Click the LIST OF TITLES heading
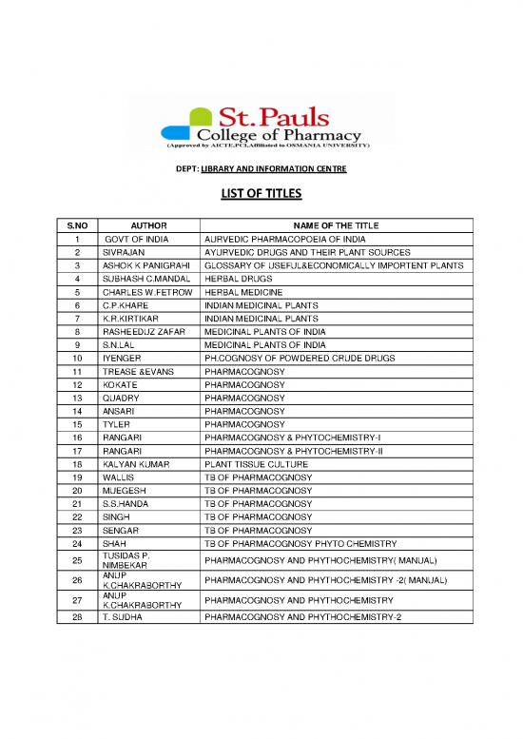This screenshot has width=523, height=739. click(261, 195)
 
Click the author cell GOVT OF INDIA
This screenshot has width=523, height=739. click(137, 239)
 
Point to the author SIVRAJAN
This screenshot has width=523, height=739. click(124, 252)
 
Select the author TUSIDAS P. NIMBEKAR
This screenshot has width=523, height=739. click(131, 559)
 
